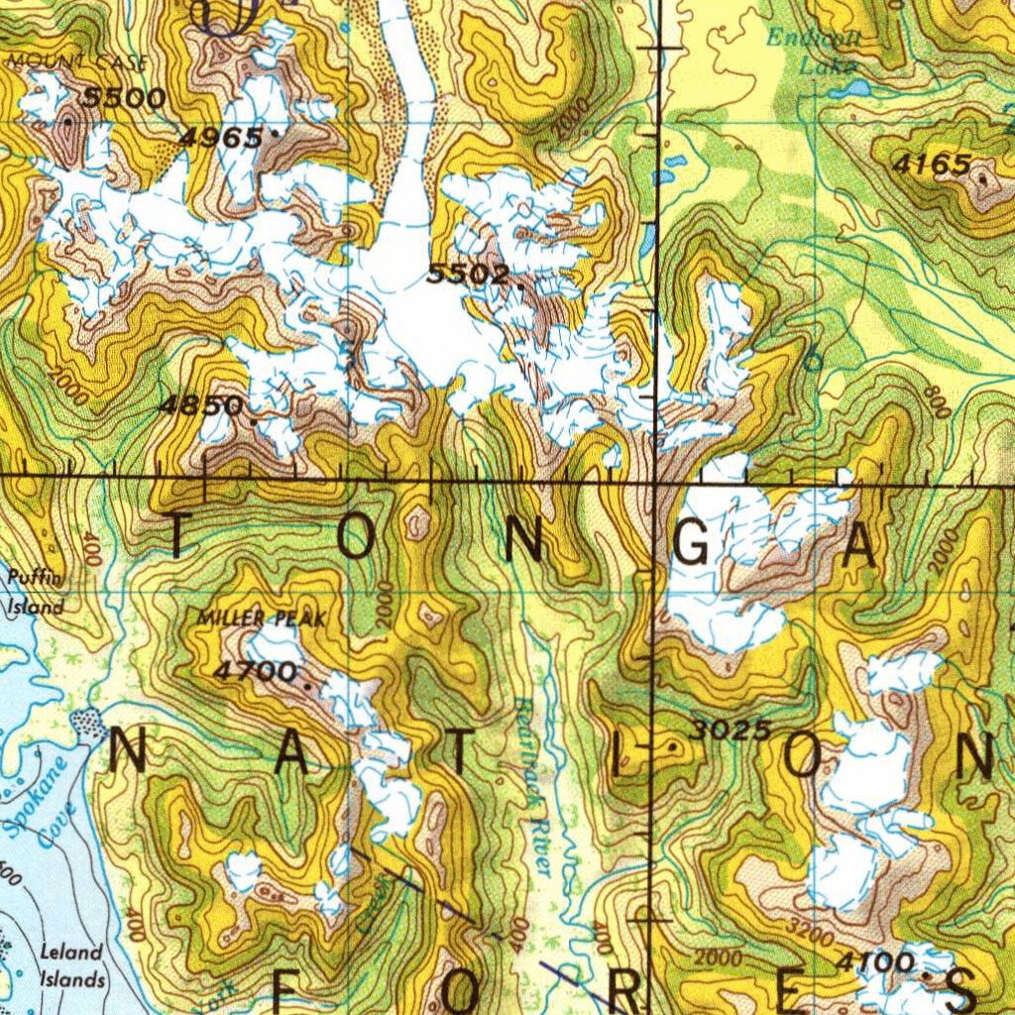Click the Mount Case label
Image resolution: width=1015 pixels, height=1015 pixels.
pyautogui.click(x=77, y=62)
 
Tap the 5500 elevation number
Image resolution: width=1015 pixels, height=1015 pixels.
pyautogui.click(x=124, y=97)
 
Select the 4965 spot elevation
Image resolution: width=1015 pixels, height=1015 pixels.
pyautogui.click(x=221, y=137)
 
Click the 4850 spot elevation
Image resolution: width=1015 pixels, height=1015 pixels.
pyautogui.click(x=201, y=404)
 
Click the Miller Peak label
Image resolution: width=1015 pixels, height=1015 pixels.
pyautogui.click(x=261, y=619)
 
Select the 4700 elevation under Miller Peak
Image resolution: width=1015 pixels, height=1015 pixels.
pyautogui.click(x=255, y=671)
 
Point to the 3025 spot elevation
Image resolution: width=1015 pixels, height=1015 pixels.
pyautogui.click(x=731, y=731)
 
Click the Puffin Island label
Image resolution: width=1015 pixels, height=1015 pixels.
pyautogui.click(x=37, y=592)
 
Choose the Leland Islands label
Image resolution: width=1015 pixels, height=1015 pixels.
pyautogui.click(x=71, y=965)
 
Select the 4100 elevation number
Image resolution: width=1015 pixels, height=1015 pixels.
pyautogui.click(x=874, y=960)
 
